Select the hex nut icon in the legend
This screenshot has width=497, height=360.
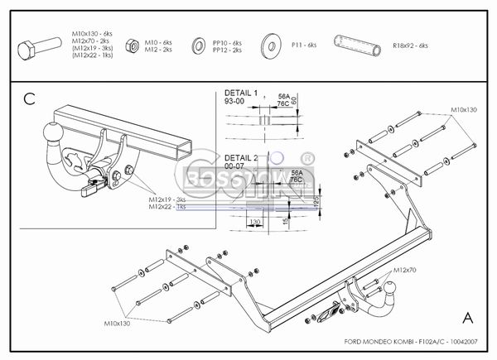tap(133, 46)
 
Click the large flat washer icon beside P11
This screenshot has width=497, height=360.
tap(269, 45)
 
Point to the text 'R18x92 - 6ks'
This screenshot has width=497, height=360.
tap(411, 46)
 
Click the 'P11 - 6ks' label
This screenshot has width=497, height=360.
tap(304, 46)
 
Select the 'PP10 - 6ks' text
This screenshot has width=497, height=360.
tap(226, 42)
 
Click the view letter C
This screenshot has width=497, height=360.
tap(29, 100)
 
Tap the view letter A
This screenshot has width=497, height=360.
tap(468, 317)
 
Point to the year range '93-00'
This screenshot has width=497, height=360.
tap(235, 102)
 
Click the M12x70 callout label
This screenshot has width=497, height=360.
tap(405, 270)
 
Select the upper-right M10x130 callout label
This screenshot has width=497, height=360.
tap(465, 109)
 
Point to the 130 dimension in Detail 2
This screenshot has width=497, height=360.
tap(255, 222)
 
